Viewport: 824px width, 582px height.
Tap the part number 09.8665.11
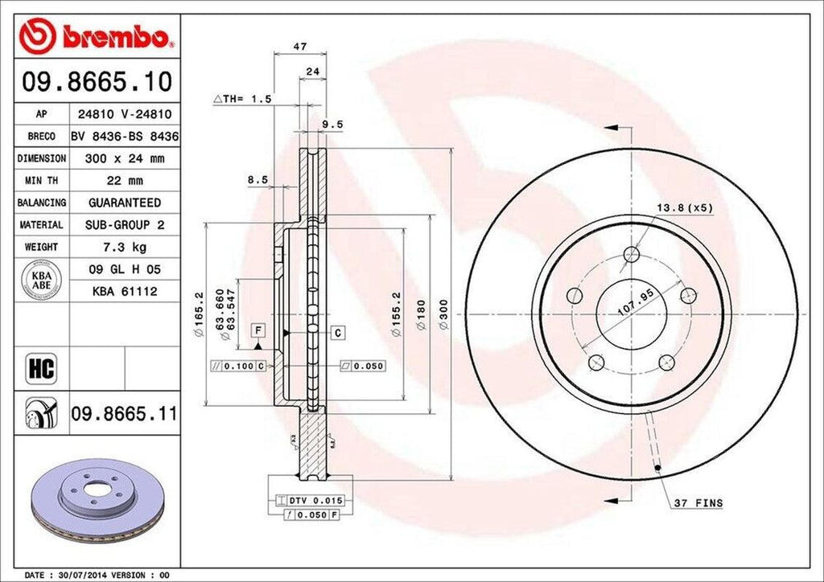click(124, 414)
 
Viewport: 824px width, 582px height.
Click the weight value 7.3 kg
click(124, 247)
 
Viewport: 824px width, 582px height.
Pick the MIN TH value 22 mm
click(124, 181)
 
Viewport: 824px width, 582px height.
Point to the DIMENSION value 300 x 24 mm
click(124, 158)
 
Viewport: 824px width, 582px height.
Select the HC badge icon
click(40, 369)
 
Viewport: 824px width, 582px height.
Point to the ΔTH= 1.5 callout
click(243, 99)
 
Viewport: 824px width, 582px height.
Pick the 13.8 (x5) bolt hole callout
click(684, 208)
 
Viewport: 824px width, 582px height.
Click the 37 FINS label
click(698, 504)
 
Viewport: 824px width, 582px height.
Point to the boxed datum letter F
click(258, 330)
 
